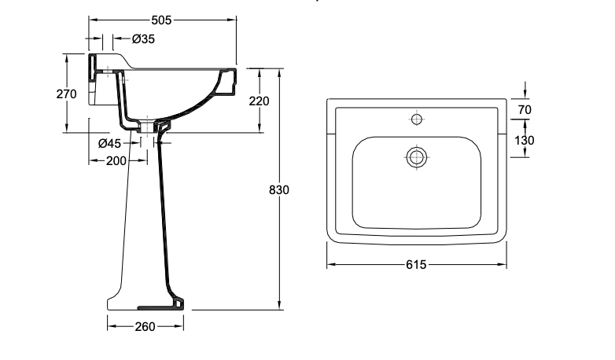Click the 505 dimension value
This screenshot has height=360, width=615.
click(x=161, y=20)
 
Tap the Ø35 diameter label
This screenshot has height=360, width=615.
click(x=144, y=39)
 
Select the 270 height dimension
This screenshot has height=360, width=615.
click(x=66, y=94)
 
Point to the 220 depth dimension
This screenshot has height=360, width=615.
click(x=260, y=101)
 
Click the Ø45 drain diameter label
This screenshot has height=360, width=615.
click(x=110, y=144)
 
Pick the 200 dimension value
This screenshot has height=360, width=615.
click(x=116, y=161)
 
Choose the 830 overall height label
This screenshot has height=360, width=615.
click(x=279, y=189)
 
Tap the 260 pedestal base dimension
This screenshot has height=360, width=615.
click(x=145, y=327)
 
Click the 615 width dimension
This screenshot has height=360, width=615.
click(x=416, y=265)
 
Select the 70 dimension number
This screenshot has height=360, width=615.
click(x=525, y=110)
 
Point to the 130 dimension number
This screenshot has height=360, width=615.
click(x=525, y=141)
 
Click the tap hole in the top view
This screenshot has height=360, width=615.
click(x=417, y=119)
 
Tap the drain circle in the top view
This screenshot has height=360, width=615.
click(x=416, y=157)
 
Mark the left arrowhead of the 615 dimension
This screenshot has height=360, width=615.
click(x=331, y=264)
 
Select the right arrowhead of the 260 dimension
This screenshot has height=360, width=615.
click(x=179, y=326)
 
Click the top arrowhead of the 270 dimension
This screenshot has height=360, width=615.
click(x=66, y=58)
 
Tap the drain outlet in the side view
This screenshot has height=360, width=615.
click(x=147, y=127)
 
